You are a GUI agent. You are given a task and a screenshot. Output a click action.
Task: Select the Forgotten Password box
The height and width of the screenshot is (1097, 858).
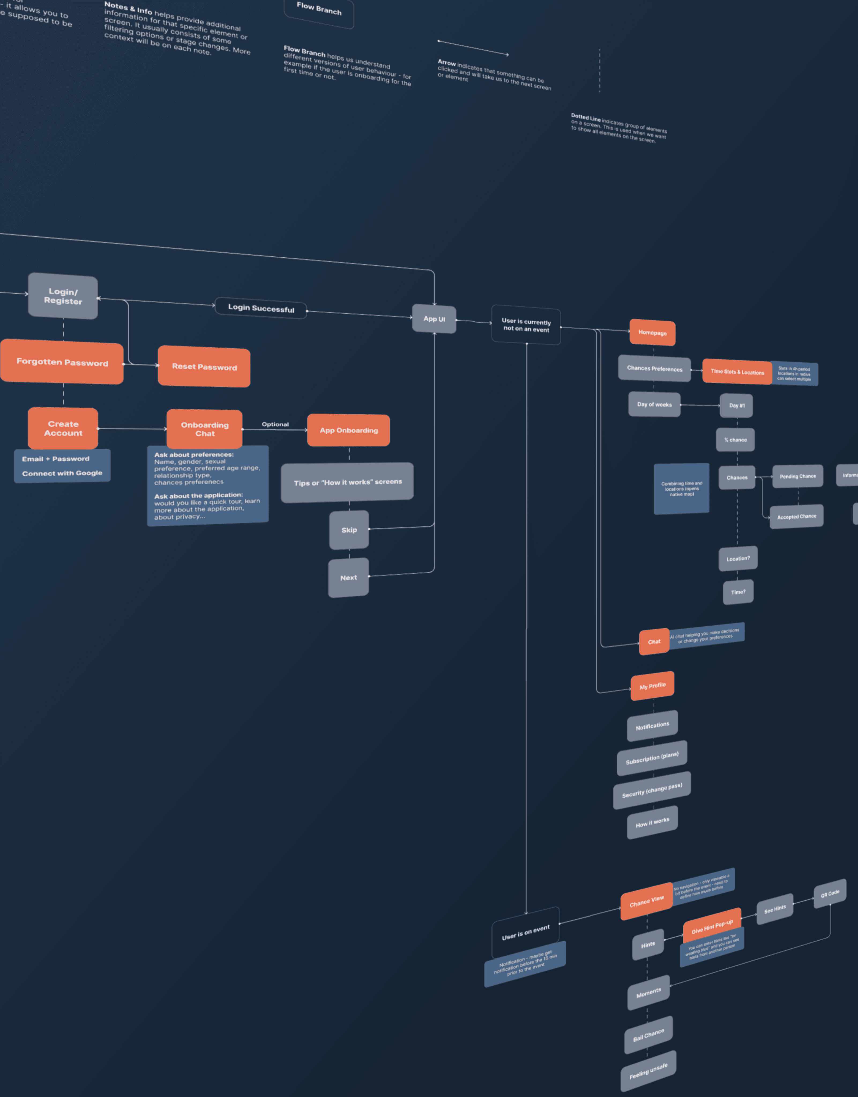coord(62,362)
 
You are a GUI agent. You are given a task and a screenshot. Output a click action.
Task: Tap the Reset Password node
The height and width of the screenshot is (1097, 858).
coord(204,367)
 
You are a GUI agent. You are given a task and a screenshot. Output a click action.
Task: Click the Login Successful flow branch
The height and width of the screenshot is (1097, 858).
coord(261,308)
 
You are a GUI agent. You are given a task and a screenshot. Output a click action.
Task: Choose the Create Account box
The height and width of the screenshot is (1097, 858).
coord(63,429)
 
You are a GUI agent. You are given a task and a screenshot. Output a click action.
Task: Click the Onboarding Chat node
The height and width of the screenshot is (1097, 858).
coord(204,429)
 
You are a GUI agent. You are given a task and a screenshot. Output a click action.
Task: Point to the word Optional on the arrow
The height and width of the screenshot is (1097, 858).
coord(275,424)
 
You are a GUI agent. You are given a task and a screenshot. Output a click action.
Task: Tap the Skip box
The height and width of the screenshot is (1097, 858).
coord(349,530)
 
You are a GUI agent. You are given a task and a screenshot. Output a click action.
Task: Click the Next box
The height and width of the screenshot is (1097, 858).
coord(348,578)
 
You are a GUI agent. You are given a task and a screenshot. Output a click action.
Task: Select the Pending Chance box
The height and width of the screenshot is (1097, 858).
coord(798,476)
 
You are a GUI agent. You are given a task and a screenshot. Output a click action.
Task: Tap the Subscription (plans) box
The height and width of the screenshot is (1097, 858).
coord(652,758)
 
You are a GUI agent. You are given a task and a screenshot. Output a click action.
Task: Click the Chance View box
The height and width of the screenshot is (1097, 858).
coord(646,901)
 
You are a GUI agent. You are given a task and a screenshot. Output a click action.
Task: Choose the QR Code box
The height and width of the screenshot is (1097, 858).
coord(830,893)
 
